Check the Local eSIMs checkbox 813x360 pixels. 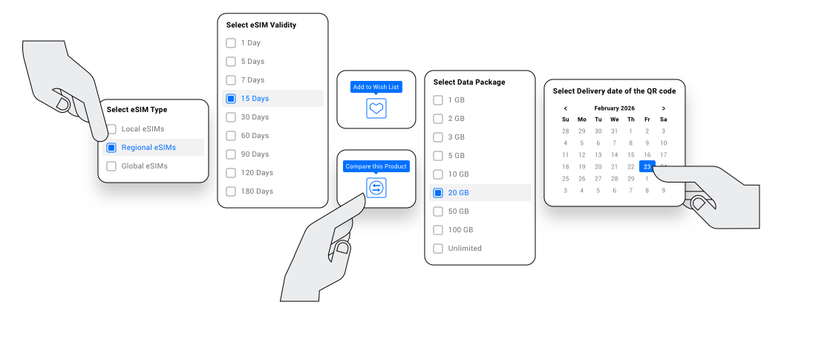click(111, 129)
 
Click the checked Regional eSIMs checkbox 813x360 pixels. click(111, 148)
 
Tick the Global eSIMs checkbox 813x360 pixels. click(111, 166)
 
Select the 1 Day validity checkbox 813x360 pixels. click(231, 43)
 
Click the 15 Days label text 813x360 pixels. click(255, 99)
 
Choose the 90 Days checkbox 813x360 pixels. click(231, 154)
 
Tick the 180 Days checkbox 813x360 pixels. click(231, 192)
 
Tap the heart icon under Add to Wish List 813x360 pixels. click(376, 108)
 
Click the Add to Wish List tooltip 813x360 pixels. click(376, 87)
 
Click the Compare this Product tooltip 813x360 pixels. click(376, 166)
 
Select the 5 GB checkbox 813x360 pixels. click(438, 156)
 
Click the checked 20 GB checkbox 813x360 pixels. click(438, 193)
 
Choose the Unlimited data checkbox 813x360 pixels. click(438, 249)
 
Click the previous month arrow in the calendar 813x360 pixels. click(565, 108)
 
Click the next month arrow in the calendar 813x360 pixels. click(663, 108)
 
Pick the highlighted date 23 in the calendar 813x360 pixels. click(647, 167)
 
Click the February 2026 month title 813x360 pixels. click(615, 108)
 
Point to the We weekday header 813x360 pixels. click(615, 120)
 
